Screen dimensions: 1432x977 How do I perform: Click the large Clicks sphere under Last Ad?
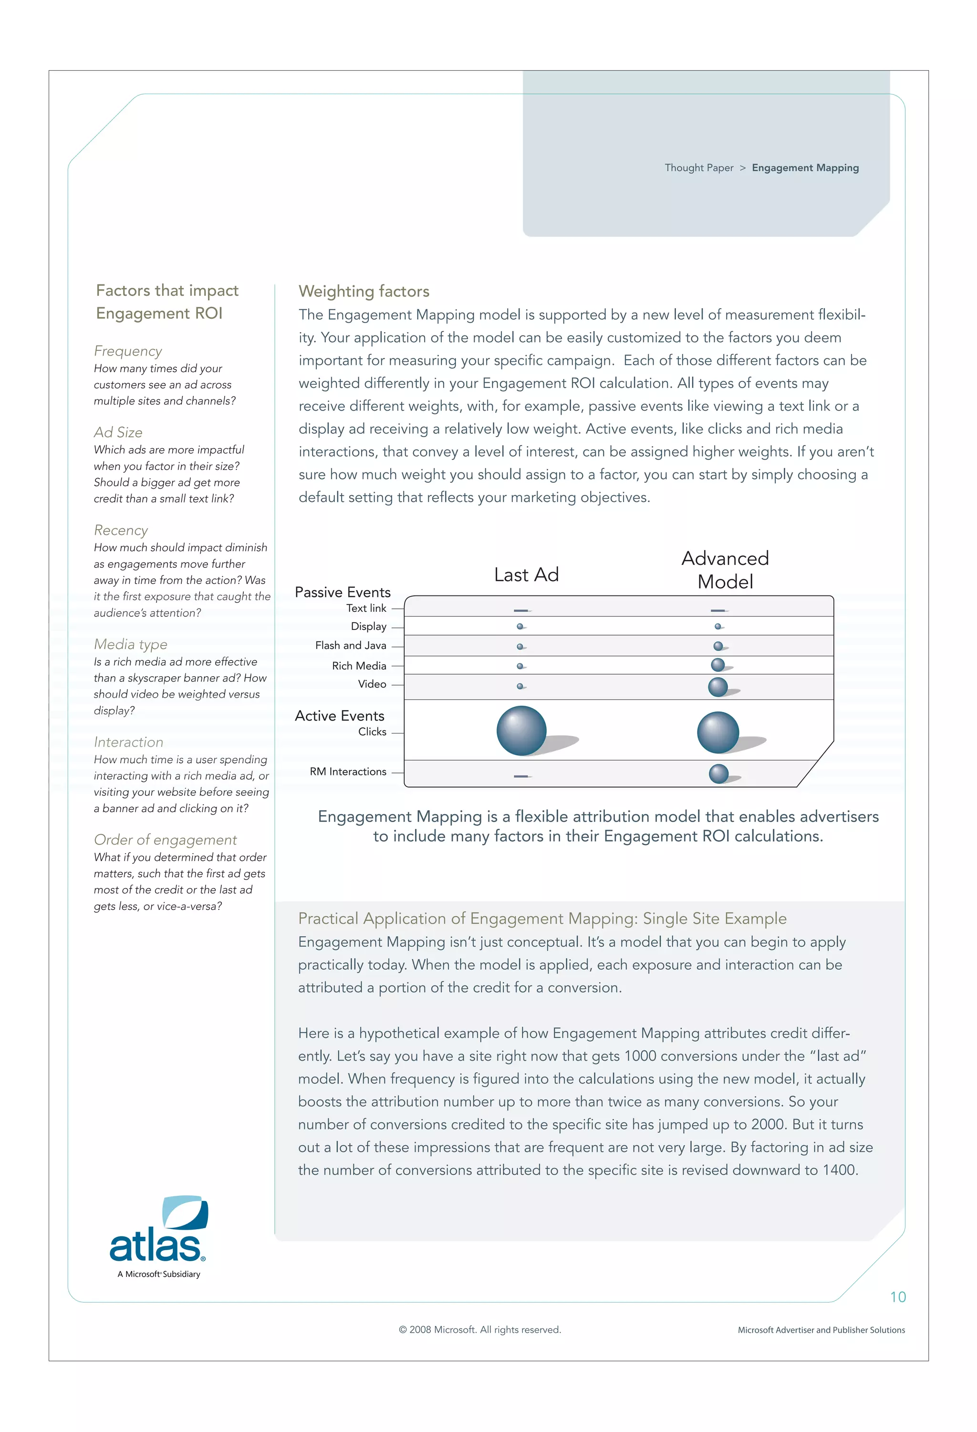[x=521, y=730]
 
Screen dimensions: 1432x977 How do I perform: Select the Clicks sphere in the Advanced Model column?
[x=717, y=732]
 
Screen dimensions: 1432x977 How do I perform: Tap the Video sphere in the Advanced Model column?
[x=717, y=687]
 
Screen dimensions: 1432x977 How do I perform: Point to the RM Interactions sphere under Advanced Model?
[x=718, y=773]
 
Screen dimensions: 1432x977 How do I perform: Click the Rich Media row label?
[x=359, y=666]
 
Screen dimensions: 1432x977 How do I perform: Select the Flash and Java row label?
[x=351, y=645]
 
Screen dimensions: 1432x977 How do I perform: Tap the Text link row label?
[x=366, y=608]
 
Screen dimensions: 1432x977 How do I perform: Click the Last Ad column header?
[x=526, y=575]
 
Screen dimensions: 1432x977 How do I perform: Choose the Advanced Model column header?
[x=725, y=569]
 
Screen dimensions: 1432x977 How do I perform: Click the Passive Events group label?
[x=343, y=592]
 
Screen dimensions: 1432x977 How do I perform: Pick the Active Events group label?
[x=340, y=715]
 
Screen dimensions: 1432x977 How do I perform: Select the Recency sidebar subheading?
[x=121, y=530]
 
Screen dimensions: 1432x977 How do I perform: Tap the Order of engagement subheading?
[x=165, y=839]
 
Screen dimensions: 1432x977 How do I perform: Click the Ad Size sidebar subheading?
[x=118, y=432]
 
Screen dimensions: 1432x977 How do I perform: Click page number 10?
[x=897, y=1297]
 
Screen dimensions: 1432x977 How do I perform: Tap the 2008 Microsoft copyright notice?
[x=480, y=1330]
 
